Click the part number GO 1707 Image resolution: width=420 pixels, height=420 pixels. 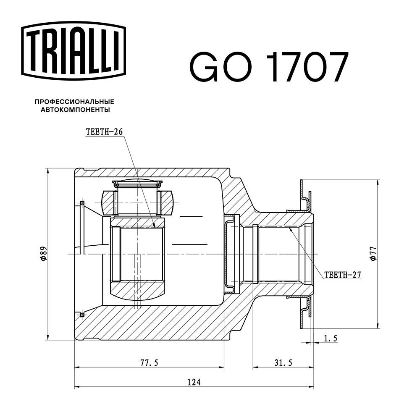click(269, 67)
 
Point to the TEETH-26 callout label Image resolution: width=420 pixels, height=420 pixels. click(104, 131)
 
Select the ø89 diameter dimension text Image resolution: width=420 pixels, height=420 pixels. click(43, 254)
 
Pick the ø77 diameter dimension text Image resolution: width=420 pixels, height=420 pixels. click(373, 254)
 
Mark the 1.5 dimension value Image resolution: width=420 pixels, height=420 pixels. click(331, 338)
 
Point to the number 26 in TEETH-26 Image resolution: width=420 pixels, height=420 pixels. click(117, 131)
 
